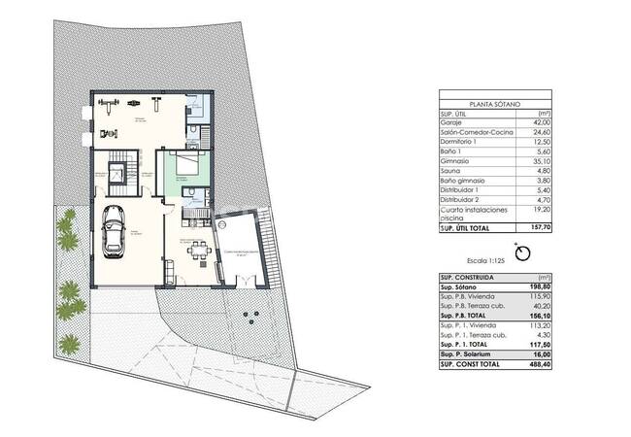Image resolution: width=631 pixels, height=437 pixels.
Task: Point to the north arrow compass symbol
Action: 524,252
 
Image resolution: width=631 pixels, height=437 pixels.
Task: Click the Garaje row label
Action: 452,123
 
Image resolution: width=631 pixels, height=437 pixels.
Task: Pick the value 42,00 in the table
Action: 540,123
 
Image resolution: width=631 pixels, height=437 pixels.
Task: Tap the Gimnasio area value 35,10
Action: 540,161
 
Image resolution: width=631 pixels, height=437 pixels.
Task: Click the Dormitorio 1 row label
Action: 461,142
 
